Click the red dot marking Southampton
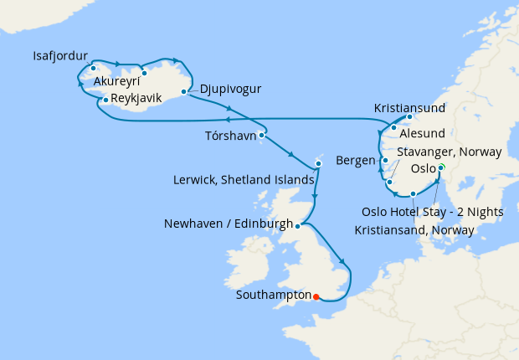tap(316, 295)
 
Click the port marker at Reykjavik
tap(105, 100)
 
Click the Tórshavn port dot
tap(262, 134)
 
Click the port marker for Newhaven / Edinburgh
tap(298, 224)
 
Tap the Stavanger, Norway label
tap(450, 152)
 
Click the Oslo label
tap(423, 168)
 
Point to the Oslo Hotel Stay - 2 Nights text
tap(433, 211)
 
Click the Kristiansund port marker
tap(409, 117)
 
